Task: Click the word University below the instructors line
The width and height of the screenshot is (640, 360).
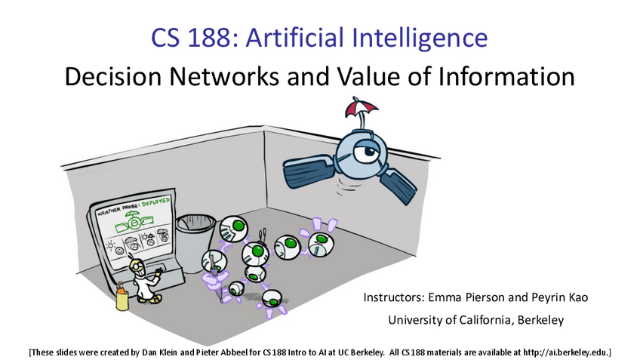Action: (415, 319)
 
